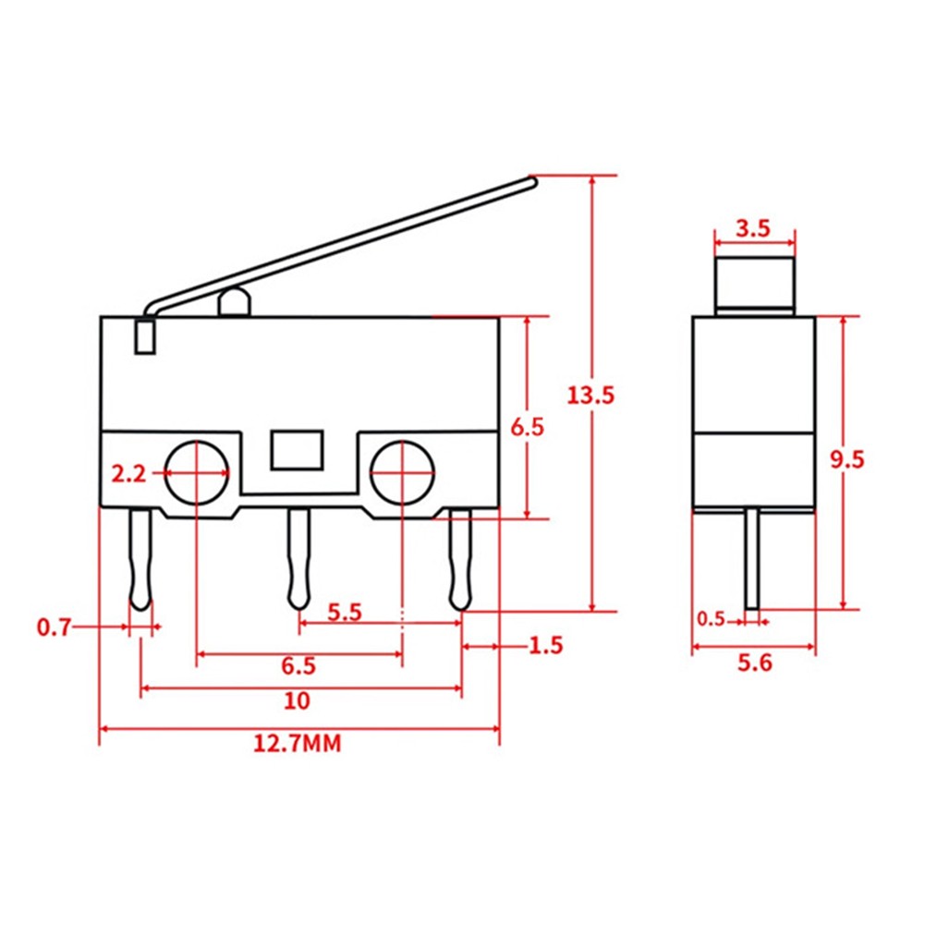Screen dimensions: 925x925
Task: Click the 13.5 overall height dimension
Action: [x=590, y=396]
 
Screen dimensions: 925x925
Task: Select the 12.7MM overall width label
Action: [x=298, y=743]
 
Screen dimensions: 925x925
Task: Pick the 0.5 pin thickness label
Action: [x=711, y=618]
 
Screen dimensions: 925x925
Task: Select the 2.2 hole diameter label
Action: [x=128, y=474]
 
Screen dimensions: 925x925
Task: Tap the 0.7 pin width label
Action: [x=54, y=628]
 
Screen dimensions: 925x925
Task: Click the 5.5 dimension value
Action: [x=344, y=612]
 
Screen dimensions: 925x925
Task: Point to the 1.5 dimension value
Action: [x=545, y=645]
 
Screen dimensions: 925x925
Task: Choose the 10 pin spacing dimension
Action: [x=298, y=700]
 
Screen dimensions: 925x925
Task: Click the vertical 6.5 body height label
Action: [x=528, y=426]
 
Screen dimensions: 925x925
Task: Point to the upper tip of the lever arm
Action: [x=530, y=182]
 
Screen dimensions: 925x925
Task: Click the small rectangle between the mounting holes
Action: [x=297, y=450]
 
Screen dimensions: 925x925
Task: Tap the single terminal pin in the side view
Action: [x=754, y=558]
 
